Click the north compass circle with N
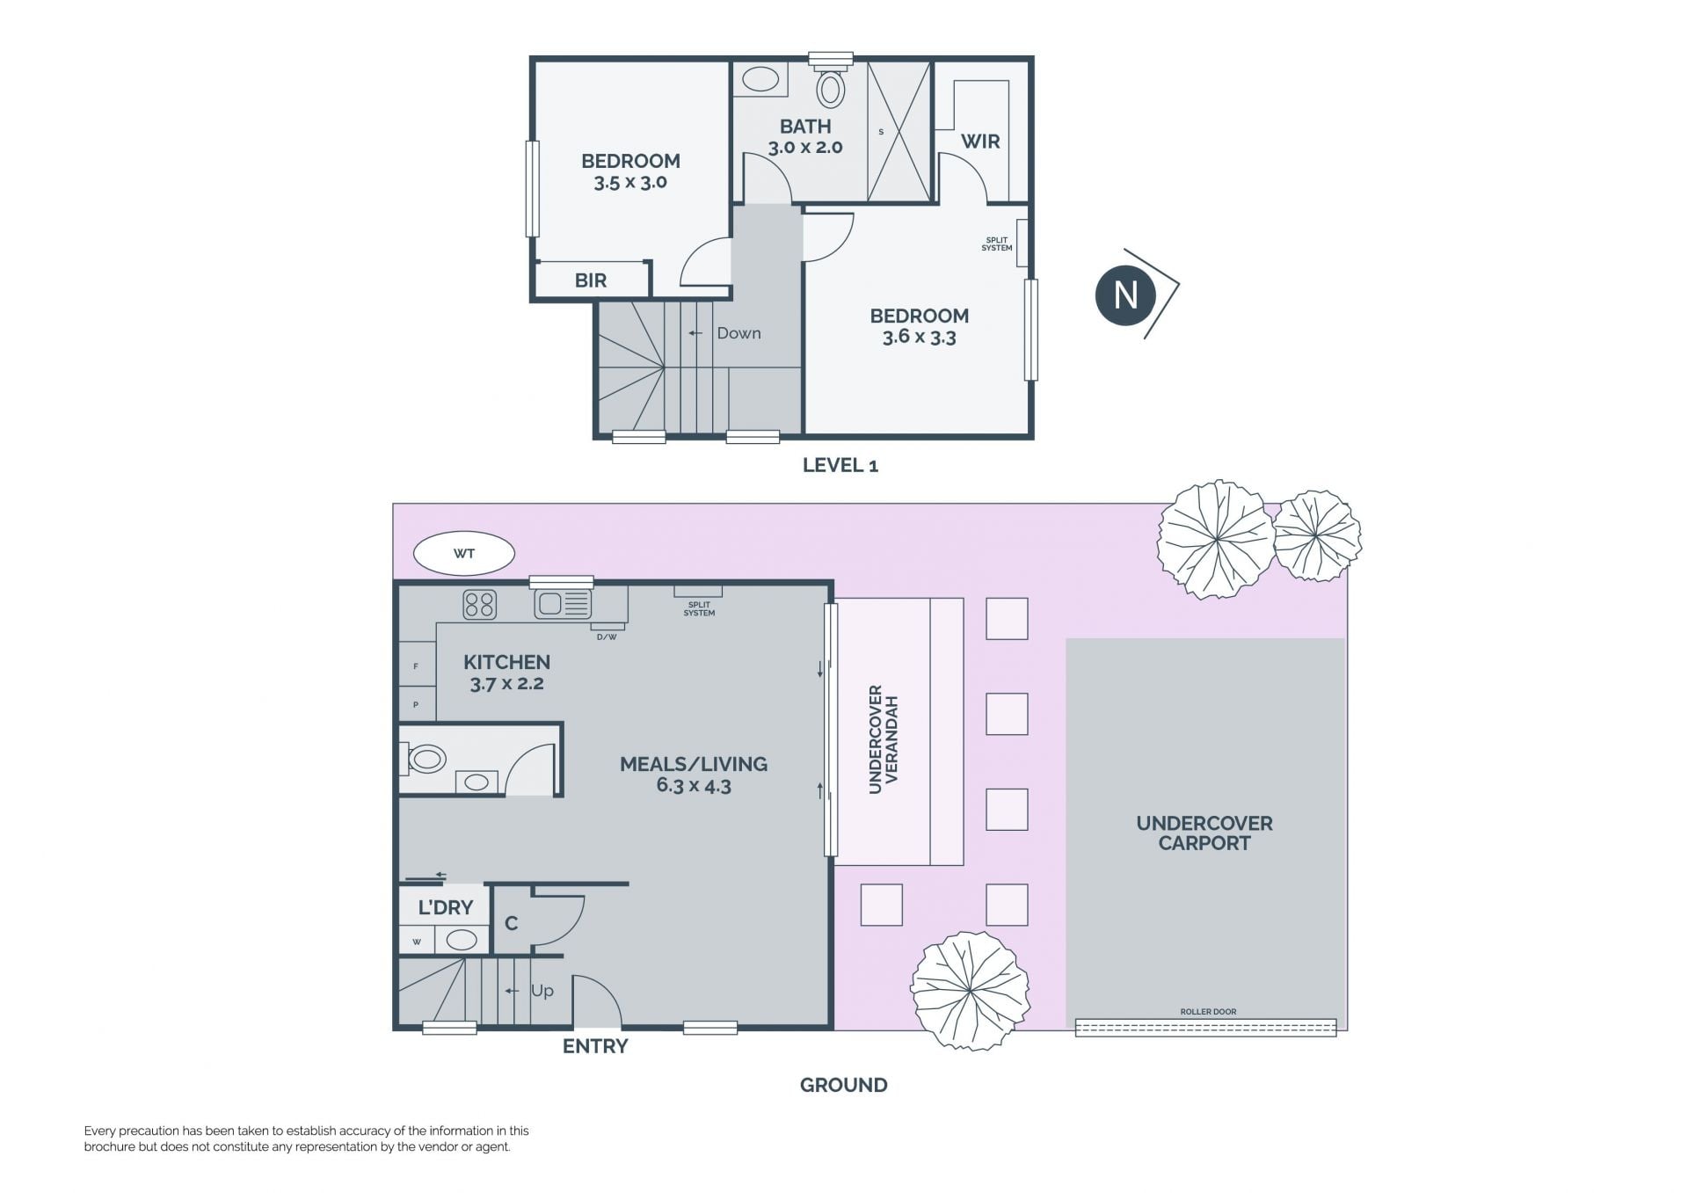pyautogui.click(x=1125, y=295)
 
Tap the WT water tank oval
pyautogui.click(x=464, y=554)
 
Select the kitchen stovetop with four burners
pyautogui.click(x=479, y=605)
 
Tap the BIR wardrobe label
pyautogui.click(x=591, y=280)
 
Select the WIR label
pyautogui.click(x=980, y=142)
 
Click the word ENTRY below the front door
pyautogui.click(x=595, y=1046)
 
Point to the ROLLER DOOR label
pyautogui.click(x=1208, y=1012)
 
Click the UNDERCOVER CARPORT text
pyautogui.click(x=1204, y=833)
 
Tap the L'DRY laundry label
pyautogui.click(x=446, y=907)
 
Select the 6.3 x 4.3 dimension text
pyautogui.click(x=694, y=786)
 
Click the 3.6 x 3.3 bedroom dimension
pyautogui.click(x=920, y=337)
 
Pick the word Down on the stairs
pyautogui.click(x=738, y=333)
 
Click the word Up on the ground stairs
pyautogui.click(x=542, y=991)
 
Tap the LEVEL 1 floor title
pyautogui.click(x=840, y=466)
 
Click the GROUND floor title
pyautogui.click(x=844, y=1085)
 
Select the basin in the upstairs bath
pyautogui.click(x=760, y=80)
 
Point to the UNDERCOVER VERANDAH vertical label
pyautogui.click(x=884, y=739)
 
